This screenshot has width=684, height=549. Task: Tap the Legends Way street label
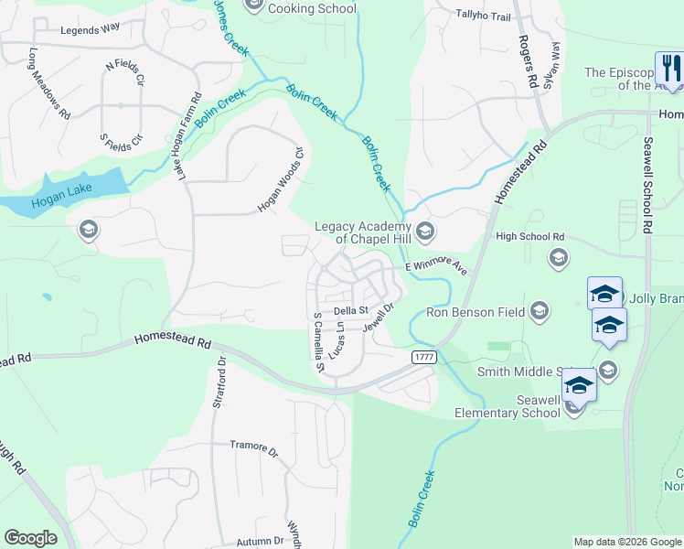(x=90, y=29)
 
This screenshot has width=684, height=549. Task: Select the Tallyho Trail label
(x=483, y=15)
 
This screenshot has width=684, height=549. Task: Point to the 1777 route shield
(x=422, y=357)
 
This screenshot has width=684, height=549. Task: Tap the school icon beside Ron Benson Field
(x=540, y=311)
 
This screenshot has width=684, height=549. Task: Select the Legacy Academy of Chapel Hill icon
(x=424, y=231)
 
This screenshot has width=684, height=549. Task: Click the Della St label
(x=349, y=311)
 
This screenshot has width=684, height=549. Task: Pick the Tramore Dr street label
(x=254, y=447)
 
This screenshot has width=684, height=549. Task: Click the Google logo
(x=30, y=538)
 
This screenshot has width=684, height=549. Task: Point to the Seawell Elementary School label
(x=508, y=406)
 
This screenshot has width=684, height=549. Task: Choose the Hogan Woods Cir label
(x=280, y=178)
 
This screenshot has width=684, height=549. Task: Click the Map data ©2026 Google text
(x=626, y=542)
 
